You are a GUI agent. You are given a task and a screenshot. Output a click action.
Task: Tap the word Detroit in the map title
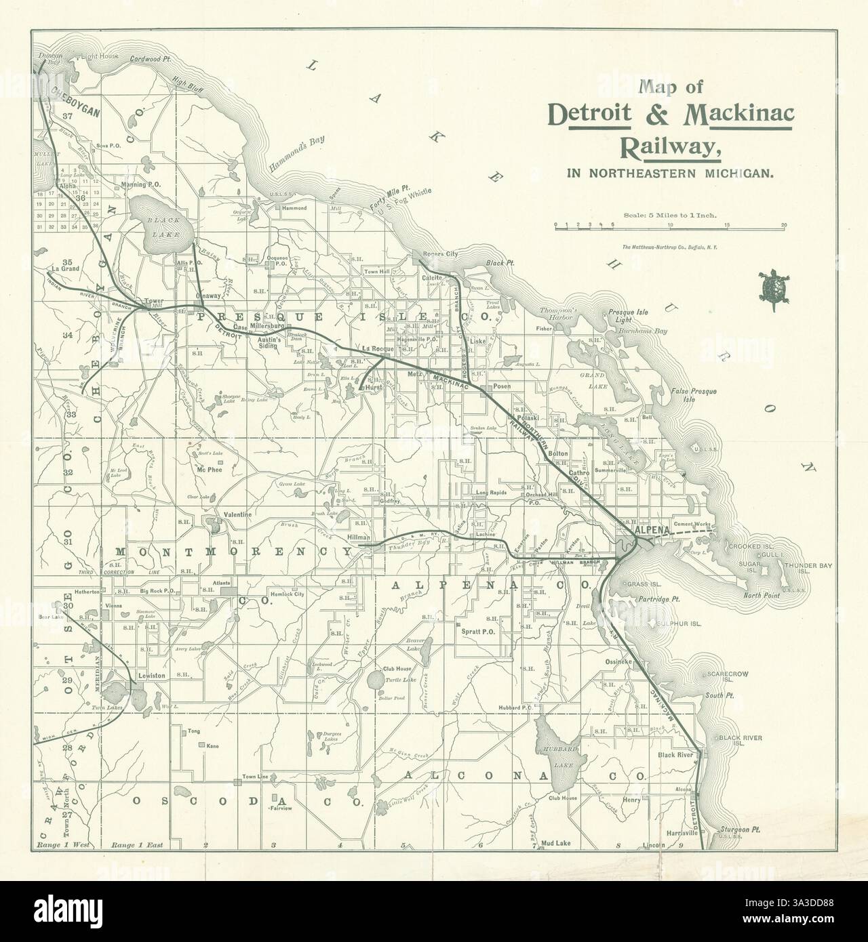click(589, 115)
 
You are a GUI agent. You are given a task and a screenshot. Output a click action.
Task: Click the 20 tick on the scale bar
click(784, 225)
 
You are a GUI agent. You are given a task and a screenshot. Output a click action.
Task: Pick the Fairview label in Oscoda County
click(280, 809)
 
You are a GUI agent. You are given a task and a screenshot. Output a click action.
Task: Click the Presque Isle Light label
click(629, 316)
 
